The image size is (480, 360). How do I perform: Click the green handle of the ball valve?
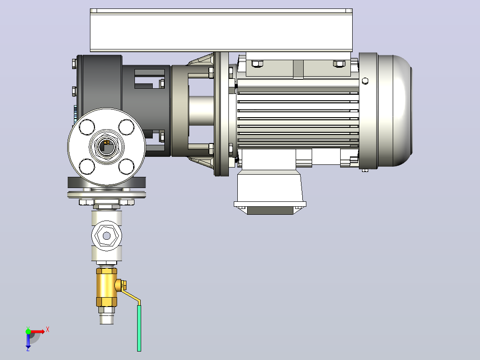tap(139, 328)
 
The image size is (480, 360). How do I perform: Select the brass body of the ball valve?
tap(106, 287)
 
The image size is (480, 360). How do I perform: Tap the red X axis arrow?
tap(37, 331)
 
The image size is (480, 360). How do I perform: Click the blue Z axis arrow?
tap(28, 341)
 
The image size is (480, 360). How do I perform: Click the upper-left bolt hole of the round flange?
tap(87, 127)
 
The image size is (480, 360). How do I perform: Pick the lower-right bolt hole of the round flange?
tap(126, 166)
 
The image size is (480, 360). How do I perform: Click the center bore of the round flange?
tap(106, 147)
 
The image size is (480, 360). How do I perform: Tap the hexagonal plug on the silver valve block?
tap(106, 236)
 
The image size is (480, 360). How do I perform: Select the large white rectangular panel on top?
tap(221, 30)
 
